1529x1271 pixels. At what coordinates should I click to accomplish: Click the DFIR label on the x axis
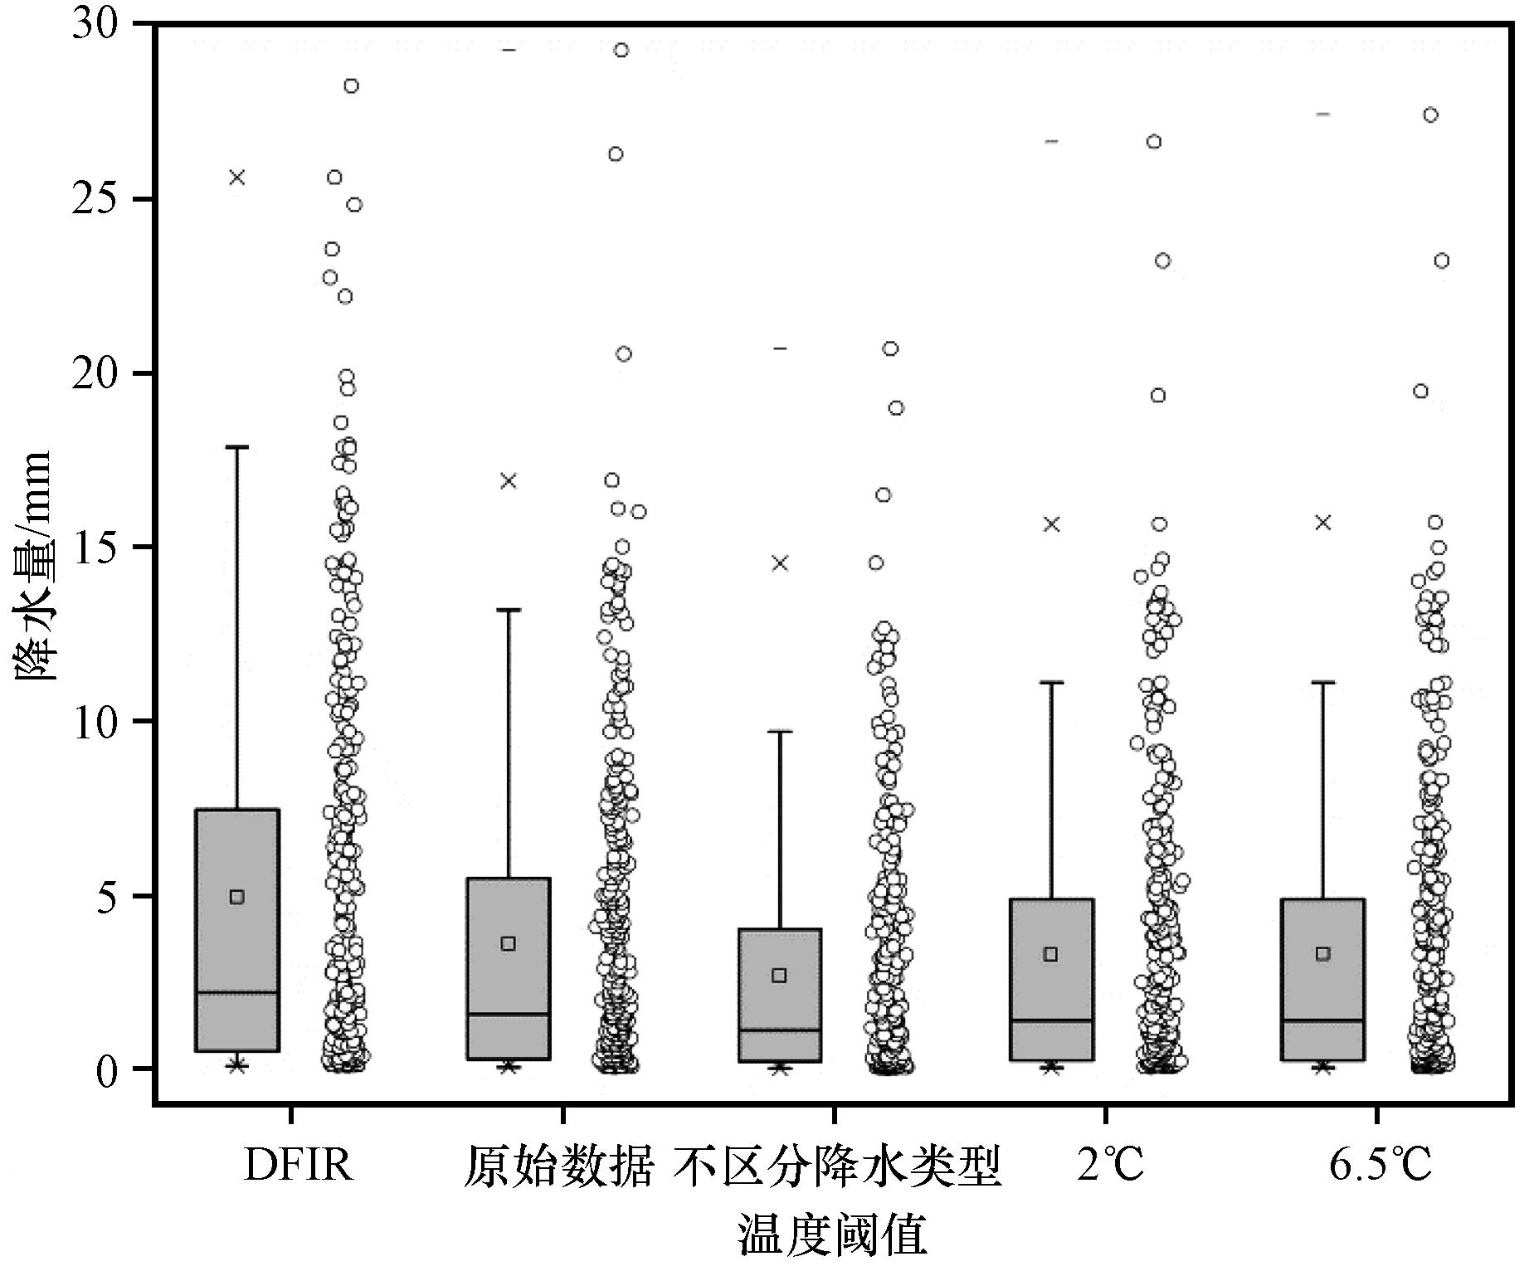[298, 1165]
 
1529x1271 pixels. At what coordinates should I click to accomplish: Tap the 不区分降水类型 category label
[836, 1165]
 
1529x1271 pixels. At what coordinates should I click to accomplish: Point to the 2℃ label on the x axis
[1110, 1165]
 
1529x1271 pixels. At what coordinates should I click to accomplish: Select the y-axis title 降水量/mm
[33, 566]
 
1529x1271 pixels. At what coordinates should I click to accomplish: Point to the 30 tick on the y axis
[97, 26]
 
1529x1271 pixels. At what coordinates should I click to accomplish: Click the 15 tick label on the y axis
[97, 548]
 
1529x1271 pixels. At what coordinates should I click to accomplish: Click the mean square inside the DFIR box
[237, 897]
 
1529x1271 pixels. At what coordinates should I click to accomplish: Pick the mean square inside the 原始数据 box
[509, 943]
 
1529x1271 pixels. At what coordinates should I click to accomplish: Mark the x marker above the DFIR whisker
[237, 177]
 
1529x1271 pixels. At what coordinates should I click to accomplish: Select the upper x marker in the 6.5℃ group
[1323, 522]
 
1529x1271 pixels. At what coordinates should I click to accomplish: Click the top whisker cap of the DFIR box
[237, 447]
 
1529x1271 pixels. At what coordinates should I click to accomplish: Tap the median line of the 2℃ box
[1051, 1020]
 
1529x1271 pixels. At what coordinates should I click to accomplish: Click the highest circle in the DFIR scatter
[351, 86]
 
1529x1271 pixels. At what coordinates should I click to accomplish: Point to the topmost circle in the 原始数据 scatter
[621, 51]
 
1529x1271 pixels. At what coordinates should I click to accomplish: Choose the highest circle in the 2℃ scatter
[1154, 142]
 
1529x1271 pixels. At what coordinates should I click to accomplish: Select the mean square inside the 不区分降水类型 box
[779, 975]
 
